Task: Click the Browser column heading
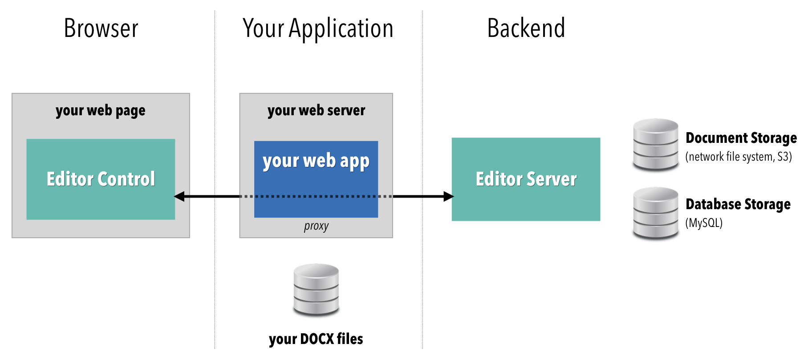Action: [x=101, y=28]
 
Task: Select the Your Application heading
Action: [x=318, y=29]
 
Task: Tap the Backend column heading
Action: [x=526, y=28]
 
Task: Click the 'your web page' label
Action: [x=101, y=110]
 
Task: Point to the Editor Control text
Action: [x=101, y=179]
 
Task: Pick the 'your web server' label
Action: [x=316, y=110]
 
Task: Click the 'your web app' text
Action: [x=316, y=161]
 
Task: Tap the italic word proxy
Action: [x=316, y=226]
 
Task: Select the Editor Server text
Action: [x=526, y=179]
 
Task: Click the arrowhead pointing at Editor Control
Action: [x=179, y=196]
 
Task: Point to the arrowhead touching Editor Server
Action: [x=448, y=196]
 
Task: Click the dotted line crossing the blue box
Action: [x=316, y=196]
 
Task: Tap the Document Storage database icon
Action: [x=655, y=144]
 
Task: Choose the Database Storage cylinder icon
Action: [x=655, y=213]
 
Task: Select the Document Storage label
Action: [x=741, y=138]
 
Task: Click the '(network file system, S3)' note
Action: [x=739, y=157]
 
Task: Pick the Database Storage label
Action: [x=738, y=204]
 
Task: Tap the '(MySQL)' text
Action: [x=704, y=222]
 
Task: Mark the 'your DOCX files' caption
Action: [x=316, y=339]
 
